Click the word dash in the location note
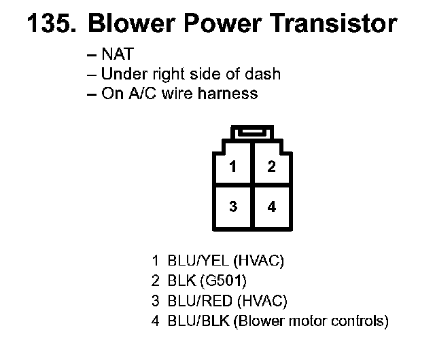[x=264, y=74]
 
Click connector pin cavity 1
[x=233, y=165]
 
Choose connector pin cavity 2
[x=271, y=165]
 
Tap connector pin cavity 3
[x=233, y=206]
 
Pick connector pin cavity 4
[x=271, y=206]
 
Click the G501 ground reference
[x=222, y=280]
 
